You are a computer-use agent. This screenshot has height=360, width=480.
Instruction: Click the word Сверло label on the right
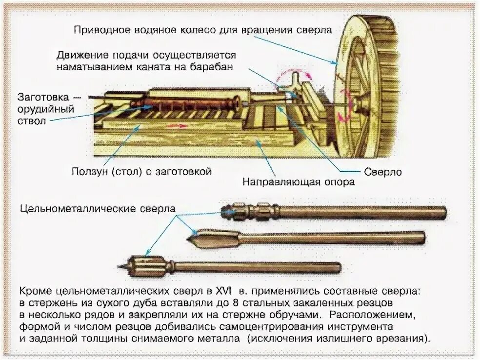coord(383,172)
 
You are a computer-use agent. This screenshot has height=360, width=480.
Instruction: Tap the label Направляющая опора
coord(299,183)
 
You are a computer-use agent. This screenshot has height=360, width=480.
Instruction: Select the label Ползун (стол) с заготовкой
coord(141,172)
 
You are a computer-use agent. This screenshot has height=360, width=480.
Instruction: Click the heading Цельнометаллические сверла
coord(98,209)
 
